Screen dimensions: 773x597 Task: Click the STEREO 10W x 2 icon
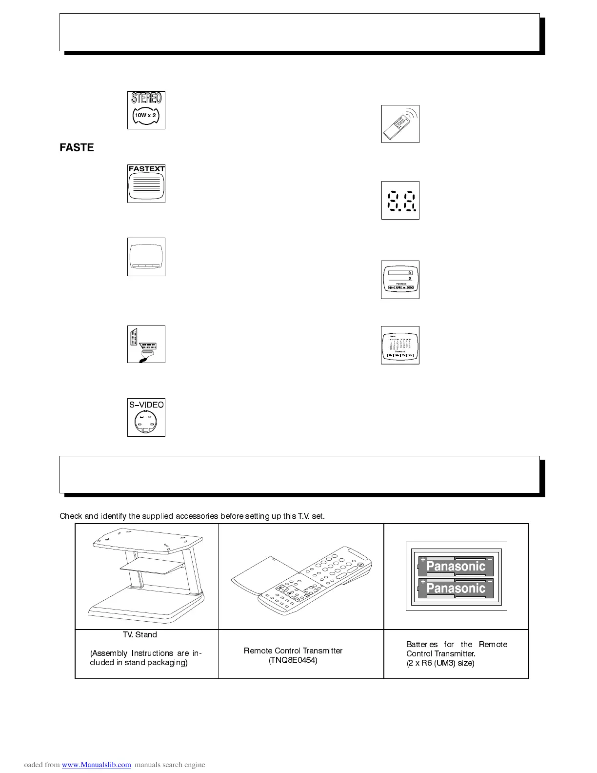point(146,110)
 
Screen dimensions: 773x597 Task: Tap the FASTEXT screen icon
point(146,183)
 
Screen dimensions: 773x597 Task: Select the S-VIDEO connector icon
point(146,418)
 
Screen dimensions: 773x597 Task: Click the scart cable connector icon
point(146,344)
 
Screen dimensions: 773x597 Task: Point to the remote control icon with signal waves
point(400,124)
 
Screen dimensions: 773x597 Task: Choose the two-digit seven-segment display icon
point(400,201)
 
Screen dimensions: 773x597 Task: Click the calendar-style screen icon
point(400,346)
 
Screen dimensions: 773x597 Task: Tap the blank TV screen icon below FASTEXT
point(146,257)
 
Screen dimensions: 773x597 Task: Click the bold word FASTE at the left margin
point(77,147)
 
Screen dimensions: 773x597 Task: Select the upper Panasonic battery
point(456,567)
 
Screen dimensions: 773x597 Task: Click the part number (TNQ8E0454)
point(293,660)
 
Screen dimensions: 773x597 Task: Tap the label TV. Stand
point(140,634)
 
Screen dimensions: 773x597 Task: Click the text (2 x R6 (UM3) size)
point(440,663)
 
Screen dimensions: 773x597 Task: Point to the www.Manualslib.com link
point(97,765)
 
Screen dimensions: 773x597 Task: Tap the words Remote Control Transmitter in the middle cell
point(293,651)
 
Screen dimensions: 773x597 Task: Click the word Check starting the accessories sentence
point(71,516)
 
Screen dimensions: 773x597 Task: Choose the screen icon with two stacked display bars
point(400,280)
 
